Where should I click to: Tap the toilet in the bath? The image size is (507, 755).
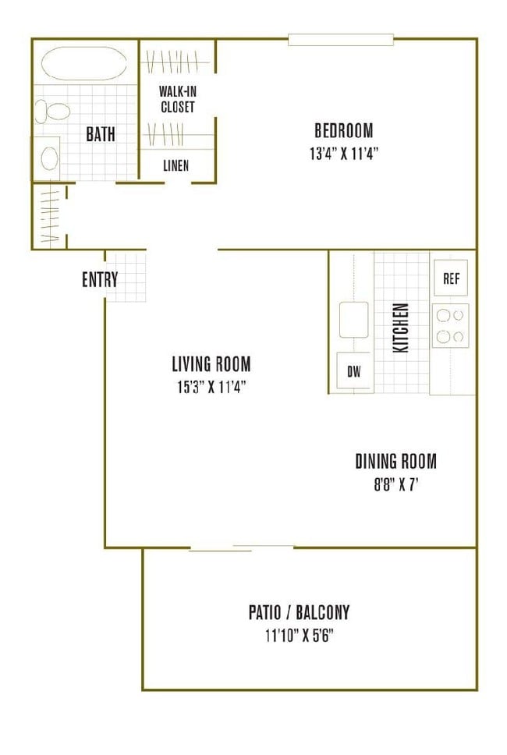51,112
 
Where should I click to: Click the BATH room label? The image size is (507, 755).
100,134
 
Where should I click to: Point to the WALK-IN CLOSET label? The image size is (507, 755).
177,100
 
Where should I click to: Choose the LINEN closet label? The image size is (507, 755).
175,165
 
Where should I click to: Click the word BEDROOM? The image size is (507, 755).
343,130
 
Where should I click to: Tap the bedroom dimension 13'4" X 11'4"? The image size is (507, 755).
343,153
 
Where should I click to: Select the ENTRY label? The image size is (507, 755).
100,279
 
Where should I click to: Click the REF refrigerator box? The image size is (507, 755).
450,278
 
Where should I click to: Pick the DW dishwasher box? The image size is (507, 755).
354,372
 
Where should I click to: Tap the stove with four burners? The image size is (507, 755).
451,325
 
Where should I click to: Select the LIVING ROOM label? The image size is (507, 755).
211,363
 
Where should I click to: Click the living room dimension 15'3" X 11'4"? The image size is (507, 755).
211,386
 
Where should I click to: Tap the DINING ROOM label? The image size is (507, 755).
395,461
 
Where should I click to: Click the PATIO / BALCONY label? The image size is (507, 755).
299,612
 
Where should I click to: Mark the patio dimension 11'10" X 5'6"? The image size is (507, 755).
300,635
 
